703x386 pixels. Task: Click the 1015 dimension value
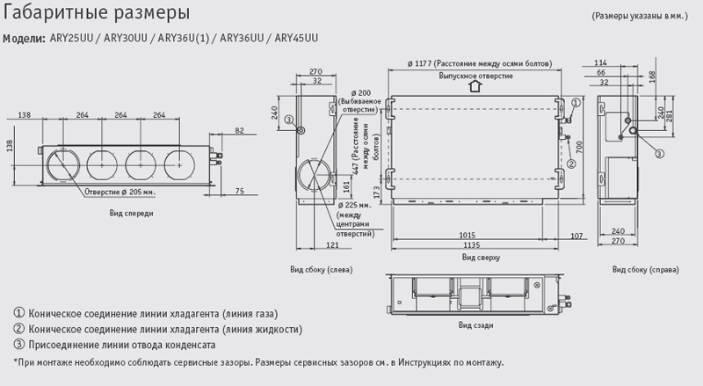[x=468, y=235]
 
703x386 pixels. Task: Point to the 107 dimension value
[x=576, y=235]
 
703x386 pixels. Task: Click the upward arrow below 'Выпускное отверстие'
[x=474, y=86]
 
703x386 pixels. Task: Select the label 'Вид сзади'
[x=475, y=324]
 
